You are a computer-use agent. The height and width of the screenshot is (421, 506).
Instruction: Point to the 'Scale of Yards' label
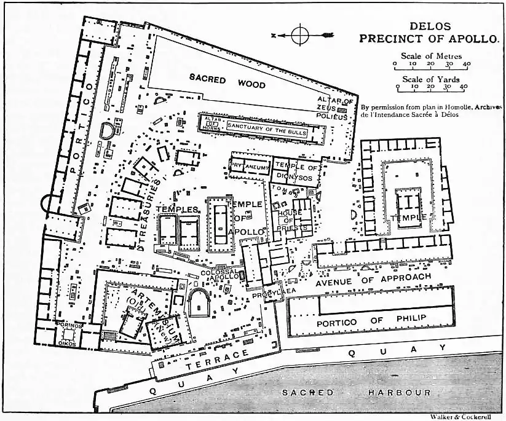point(431,79)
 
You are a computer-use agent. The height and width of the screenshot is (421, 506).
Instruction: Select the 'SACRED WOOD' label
point(227,81)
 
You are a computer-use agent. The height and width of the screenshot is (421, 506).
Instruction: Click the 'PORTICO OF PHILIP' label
point(370,320)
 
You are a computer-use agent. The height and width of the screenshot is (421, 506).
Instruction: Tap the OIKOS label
point(65,335)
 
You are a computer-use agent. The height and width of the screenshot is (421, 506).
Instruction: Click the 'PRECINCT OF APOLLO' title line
point(428,38)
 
